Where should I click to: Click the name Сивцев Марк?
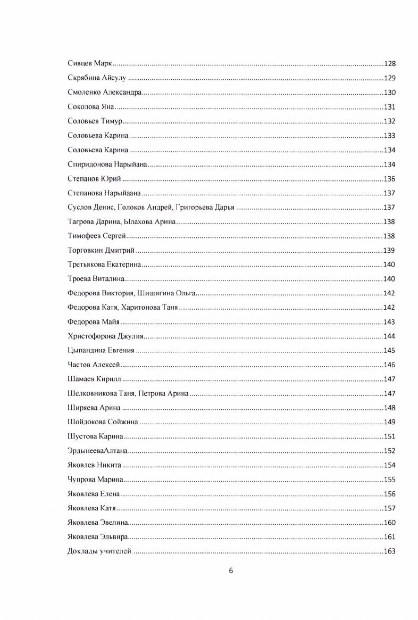[89, 64]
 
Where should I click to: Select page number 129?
[389, 78]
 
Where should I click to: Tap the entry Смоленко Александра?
[105, 93]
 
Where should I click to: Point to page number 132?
[389, 121]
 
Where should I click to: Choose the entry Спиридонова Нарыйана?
[107, 164]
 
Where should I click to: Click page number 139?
[389, 251]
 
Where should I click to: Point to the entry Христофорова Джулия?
[106, 336]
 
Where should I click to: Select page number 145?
[389, 351]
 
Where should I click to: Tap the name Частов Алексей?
[93, 365]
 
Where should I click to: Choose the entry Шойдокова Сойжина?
[103, 423]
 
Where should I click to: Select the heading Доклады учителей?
[99, 551]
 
